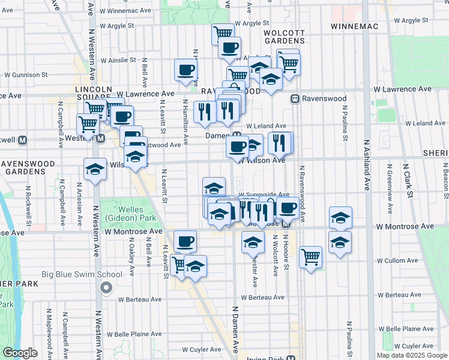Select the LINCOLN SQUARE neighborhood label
[x=93, y=94]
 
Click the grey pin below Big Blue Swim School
[x=106, y=289]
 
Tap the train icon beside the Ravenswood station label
[x=295, y=98]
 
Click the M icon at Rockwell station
[x=23, y=140]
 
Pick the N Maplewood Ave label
[x=47, y=330]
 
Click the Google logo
[x=20, y=353]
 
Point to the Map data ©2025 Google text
[x=411, y=355]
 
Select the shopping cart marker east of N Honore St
[x=310, y=257]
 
